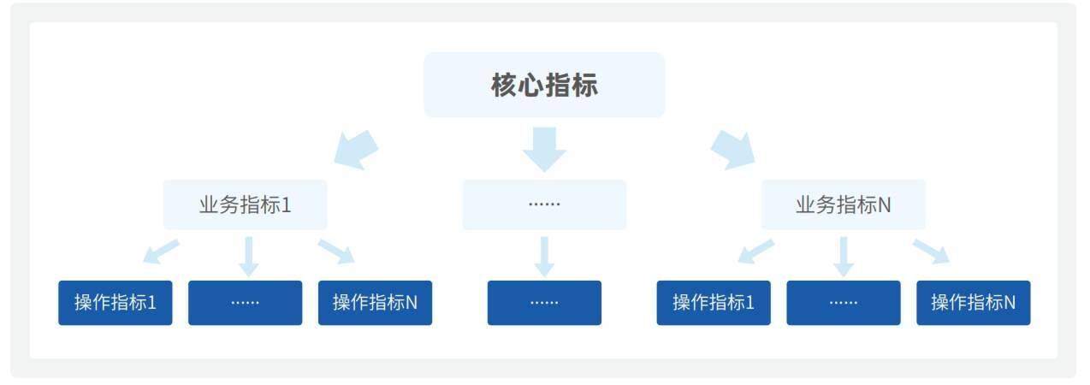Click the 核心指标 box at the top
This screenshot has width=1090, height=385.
(x=544, y=85)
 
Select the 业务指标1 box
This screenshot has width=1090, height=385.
(x=245, y=204)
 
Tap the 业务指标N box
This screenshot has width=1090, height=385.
(x=844, y=204)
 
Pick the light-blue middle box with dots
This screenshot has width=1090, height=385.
(x=544, y=204)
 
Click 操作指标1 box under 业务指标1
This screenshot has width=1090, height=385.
(x=116, y=303)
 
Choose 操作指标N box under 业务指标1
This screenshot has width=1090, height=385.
(x=376, y=303)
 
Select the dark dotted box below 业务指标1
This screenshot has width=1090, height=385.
(x=246, y=303)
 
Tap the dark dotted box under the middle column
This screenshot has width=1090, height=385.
(x=544, y=303)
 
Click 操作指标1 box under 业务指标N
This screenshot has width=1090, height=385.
(x=714, y=303)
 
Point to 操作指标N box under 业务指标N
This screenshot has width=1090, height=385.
(x=974, y=303)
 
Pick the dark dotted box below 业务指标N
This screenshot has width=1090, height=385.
(x=844, y=303)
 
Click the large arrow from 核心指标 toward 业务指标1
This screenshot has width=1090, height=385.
(x=356, y=150)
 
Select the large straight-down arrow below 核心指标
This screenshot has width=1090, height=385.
(x=544, y=150)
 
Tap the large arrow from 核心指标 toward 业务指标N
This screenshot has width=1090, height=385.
(x=733, y=150)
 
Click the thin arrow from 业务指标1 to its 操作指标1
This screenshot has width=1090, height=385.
(x=161, y=252)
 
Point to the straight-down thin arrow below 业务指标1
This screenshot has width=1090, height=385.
(x=249, y=257)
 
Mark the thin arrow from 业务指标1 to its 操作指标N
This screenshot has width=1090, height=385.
(x=336, y=252)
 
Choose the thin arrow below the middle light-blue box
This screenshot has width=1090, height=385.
(x=544, y=257)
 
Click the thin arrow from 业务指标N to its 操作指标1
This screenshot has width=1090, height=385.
(x=755, y=252)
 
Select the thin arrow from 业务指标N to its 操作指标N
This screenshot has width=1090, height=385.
(x=931, y=252)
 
